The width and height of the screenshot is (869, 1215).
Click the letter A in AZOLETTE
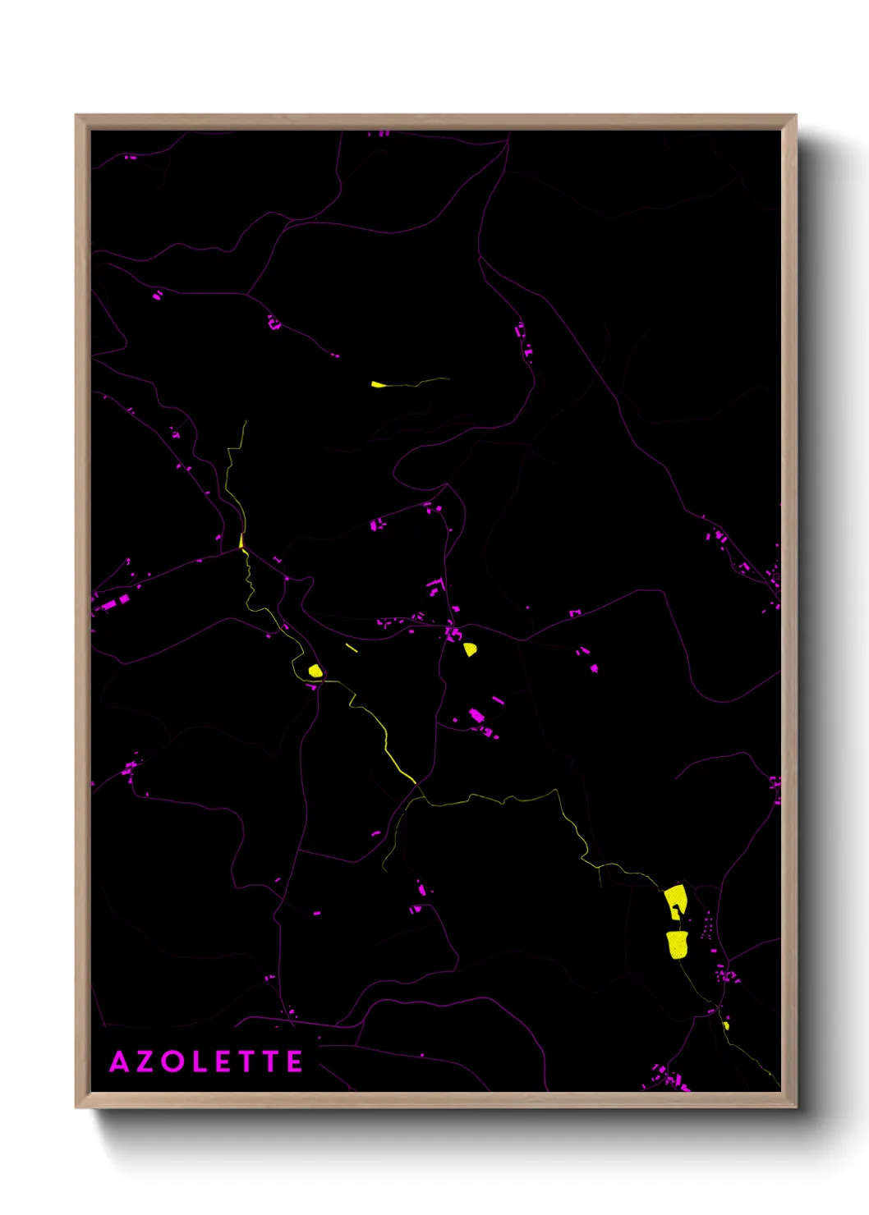(119, 1061)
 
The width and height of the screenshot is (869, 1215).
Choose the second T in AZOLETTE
(269, 1061)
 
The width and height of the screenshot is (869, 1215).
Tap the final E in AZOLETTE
(294, 1061)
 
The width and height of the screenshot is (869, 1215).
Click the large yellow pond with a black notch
(675, 901)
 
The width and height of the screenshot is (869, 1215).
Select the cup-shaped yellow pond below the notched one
(677, 944)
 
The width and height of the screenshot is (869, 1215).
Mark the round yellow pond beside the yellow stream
(315, 671)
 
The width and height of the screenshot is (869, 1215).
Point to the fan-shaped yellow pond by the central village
(470, 649)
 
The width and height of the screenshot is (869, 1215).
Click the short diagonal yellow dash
(352, 648)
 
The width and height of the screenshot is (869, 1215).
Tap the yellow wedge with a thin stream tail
(378, 384)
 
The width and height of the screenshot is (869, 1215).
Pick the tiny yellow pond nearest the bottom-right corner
(726, 1025)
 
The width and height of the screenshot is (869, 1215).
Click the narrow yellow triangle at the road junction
(241, 541)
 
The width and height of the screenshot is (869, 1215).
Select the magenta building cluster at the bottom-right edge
(669, 1078)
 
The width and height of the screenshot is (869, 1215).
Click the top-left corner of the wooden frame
(76, 116)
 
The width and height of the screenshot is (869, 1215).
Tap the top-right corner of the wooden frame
(796, 116)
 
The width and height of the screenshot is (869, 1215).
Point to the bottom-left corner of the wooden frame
(76, 1107)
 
